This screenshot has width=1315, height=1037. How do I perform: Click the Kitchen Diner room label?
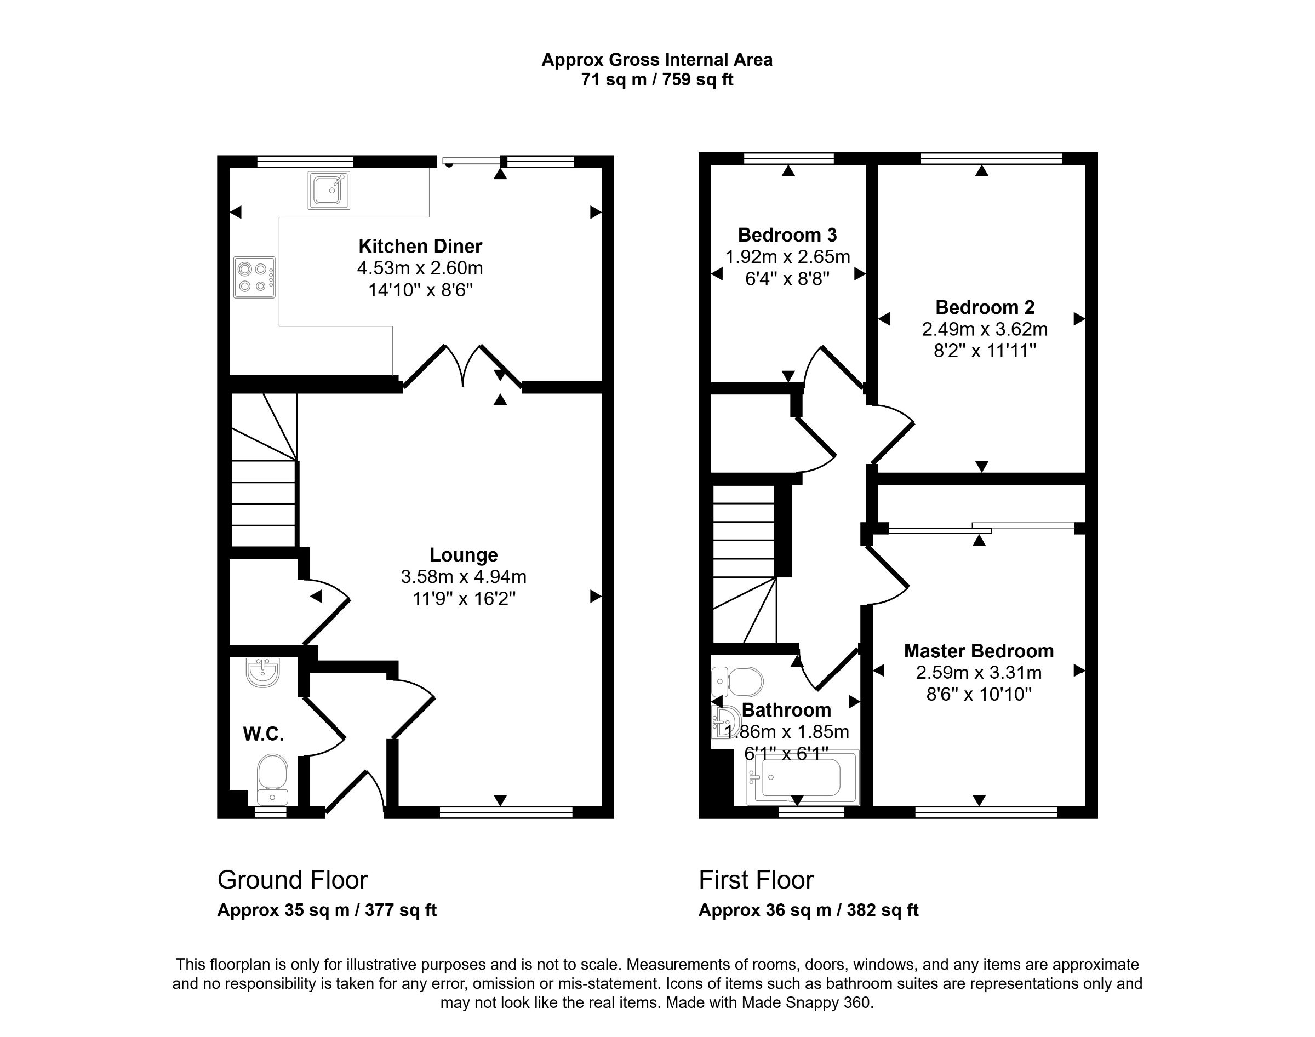[420, 246]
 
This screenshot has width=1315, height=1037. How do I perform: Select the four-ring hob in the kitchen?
[254, 277]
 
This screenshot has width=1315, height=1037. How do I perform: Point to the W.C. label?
[264, 734]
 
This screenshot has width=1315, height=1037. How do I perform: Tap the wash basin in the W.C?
[263, 673]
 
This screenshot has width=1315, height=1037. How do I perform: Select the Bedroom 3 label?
[787, 235]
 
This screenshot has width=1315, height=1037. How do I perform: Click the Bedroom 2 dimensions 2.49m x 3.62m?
[985, 329]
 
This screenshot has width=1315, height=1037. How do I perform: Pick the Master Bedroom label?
[979, 651]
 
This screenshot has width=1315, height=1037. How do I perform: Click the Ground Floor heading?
[293, 880]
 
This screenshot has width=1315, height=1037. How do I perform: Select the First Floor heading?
[756, 880]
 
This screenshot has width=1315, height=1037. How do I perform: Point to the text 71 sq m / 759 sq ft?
[657, 79]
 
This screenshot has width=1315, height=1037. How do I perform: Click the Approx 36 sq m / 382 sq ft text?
[808, 910]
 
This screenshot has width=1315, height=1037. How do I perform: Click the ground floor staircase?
[264, 486]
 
